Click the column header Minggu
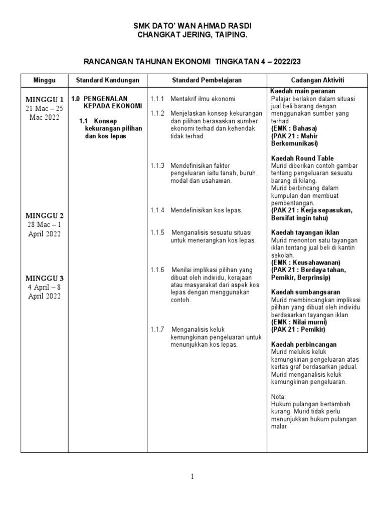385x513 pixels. tap(44, 80)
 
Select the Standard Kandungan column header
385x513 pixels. tap(107, 80)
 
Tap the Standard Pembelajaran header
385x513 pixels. tap(207, 80)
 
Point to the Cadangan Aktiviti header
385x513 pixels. tap(317, 80)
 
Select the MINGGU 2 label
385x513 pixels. tap(44, 215)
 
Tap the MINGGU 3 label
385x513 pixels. tap(44, 278)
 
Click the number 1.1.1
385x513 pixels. tap(157, 99)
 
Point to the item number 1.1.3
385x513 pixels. tap(157, 165)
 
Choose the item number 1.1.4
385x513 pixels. tap(157, 210)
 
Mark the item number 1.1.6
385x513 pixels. tap(157, 270)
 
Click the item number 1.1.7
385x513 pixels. tap(157, 329)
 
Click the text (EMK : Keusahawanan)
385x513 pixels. tap(305, 263)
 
